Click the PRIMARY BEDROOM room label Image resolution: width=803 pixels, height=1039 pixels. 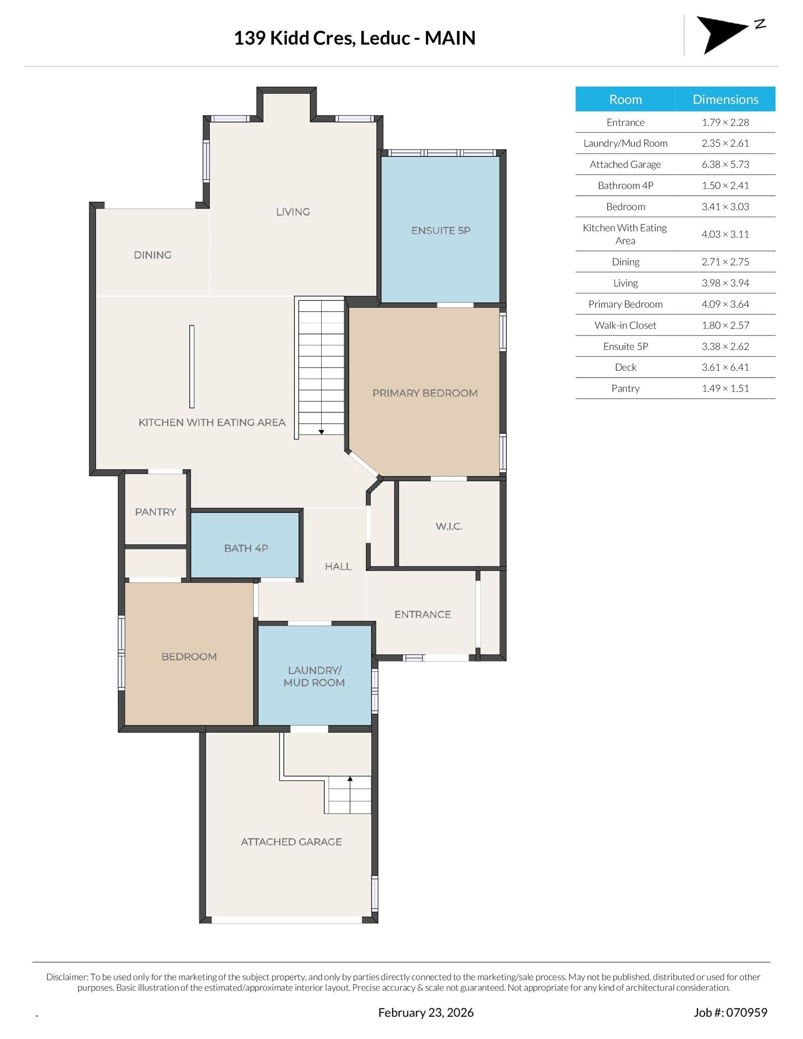[x=425, y=393]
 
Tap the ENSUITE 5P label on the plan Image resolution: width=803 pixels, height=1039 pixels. [x=441, y=231]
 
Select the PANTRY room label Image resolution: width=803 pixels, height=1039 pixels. [x=155, y=512]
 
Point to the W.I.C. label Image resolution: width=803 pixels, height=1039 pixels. [x=449, y=526]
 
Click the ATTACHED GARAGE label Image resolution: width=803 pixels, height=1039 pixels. [x=291, y=841]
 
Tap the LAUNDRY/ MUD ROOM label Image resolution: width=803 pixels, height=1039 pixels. [x=314, y=676]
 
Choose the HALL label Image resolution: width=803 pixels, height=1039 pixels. [x=338, y=566]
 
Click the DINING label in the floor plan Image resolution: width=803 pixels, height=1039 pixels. [x=152, y=255]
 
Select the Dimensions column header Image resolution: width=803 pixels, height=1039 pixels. [x=725, y=99]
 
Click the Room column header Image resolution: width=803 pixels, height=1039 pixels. [x=625, y=99]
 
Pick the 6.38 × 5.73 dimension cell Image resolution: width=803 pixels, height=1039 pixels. [x=725, y=165]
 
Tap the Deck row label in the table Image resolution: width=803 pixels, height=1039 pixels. [x=625, y=367]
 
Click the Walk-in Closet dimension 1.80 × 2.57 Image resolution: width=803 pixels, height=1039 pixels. [x=725, y=326]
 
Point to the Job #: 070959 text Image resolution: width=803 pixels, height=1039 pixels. [x=730, y=1012]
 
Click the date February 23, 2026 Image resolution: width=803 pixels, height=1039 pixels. [x=426, y=1012]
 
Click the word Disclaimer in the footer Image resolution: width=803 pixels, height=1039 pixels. [x=67, y=977]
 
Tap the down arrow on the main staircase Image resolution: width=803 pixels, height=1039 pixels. [x=321, y=432]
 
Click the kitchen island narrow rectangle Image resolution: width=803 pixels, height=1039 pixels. [x=192, y=366]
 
